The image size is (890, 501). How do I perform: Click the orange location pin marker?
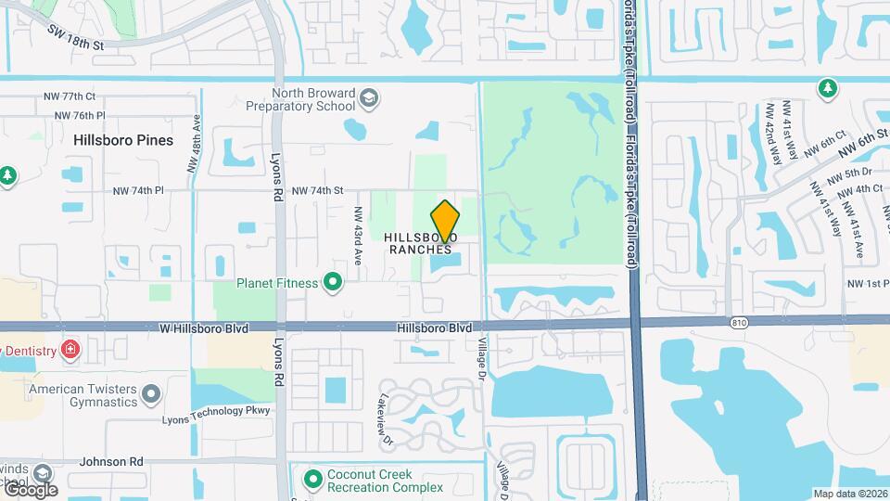(x=446, y=223)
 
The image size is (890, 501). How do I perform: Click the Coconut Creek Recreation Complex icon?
(x=313, y=479)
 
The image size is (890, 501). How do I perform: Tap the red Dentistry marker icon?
(x=70, y=349)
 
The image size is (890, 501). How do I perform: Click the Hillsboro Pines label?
(x=123, y=140)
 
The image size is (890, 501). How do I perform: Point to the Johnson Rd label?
(x=111, y=460)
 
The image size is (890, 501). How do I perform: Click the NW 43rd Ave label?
(x=357, y=229)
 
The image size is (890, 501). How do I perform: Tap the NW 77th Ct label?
(x=70, y=96)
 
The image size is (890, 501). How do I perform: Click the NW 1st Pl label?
(x=868, y=284)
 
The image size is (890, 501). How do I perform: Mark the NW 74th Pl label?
(x=137, y=190)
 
